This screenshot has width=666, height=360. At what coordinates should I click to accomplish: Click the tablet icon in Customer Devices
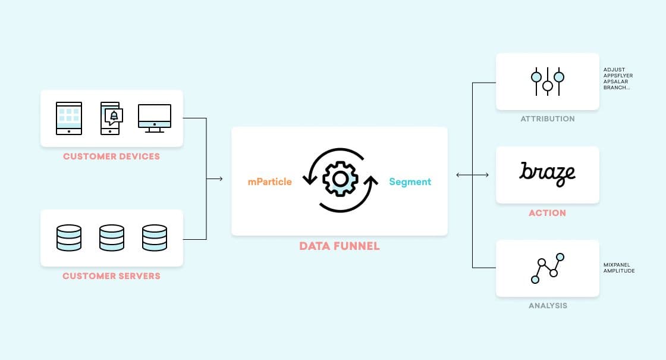[x=69, y=117]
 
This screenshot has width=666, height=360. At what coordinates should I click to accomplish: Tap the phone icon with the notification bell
[x=111, y=117]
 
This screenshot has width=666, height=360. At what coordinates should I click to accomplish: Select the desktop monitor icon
[x=155, y=117]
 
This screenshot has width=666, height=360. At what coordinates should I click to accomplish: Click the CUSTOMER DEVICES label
[x=111, y=156]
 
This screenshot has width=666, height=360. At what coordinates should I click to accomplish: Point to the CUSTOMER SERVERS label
[x=111, y=276]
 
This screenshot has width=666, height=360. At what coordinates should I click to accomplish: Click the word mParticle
[x=270, y=181]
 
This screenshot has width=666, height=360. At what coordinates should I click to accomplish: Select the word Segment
[x=410, y=181]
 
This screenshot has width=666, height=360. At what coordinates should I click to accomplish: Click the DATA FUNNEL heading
[x=339, y=246]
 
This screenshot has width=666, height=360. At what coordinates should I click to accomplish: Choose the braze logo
[x=547, y=173]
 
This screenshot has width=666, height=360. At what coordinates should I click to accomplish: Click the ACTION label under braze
[x=547, y=213]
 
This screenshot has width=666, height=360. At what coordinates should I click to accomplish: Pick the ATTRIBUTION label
[x=548, y=119]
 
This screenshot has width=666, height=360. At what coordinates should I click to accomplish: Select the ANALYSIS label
[x=548, y=306]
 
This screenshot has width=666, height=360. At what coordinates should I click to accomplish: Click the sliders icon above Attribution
[x=547, y=82]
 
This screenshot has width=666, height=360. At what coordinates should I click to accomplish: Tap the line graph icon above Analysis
[x=547, y=268]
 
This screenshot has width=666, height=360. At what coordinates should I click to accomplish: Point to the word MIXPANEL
[x=617, y=265]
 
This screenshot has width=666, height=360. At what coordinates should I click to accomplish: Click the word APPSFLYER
[x=618, y=76]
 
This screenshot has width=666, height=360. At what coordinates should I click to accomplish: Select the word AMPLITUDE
[x=619, y=271]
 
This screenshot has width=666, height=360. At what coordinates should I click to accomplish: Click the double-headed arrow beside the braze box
[x=472, y=175]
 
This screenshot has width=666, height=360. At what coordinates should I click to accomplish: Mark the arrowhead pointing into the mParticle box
[x=221, y=179]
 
